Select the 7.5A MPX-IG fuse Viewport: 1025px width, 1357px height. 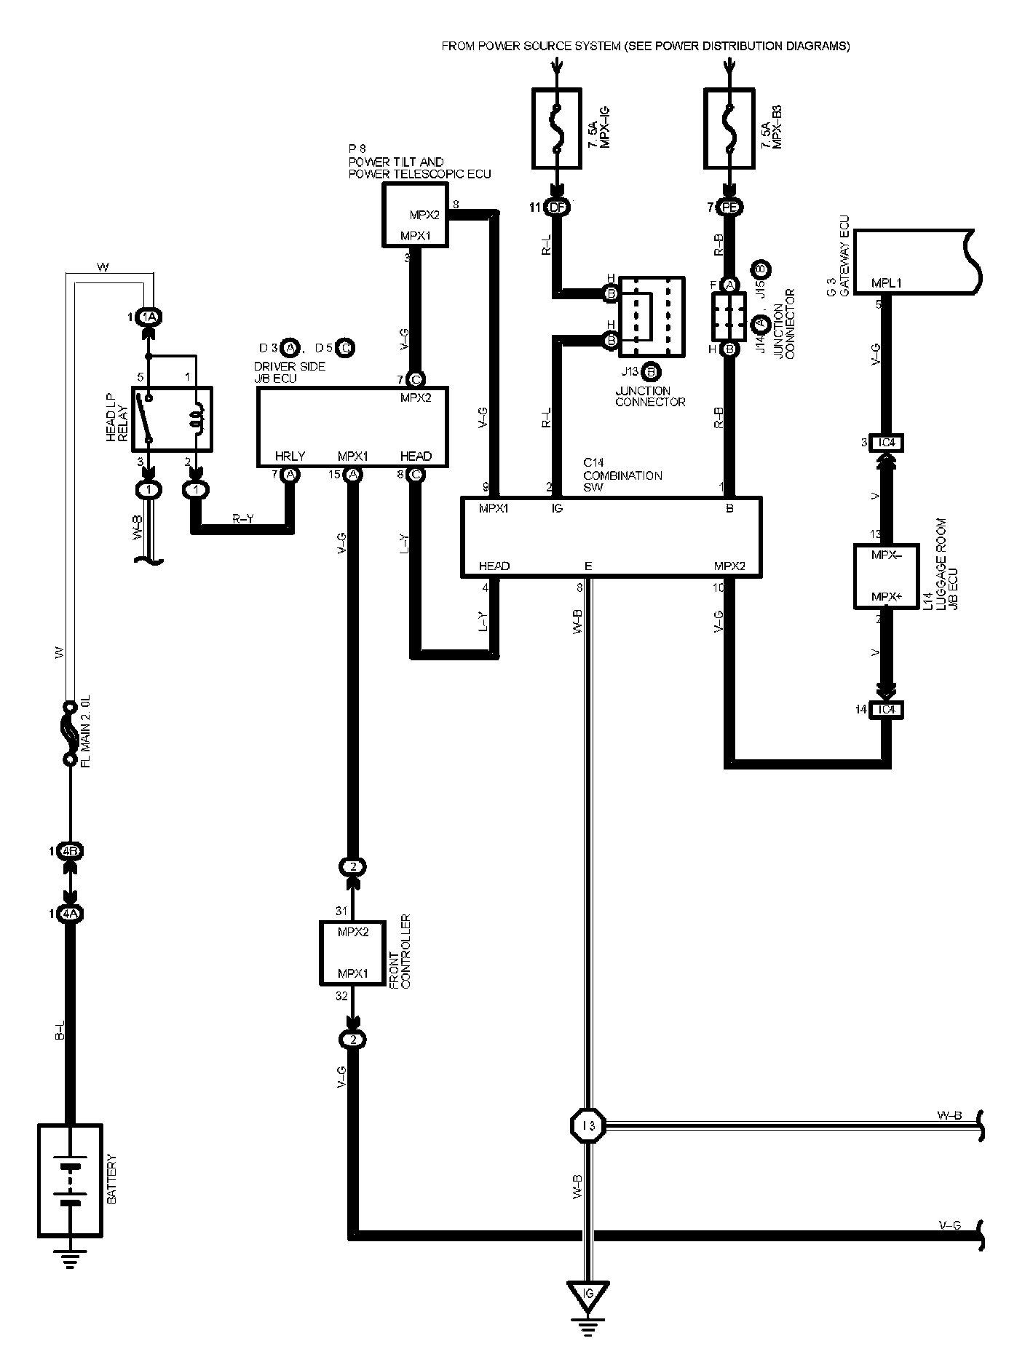click(557, 129)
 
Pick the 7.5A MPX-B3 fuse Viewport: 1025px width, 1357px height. click(729, 129)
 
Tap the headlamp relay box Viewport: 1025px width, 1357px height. click(173, 419)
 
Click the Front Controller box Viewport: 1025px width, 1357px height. click(352, 953)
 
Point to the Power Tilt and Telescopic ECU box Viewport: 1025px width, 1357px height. click(415, 215)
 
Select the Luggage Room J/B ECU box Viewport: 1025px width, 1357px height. click(886, 576)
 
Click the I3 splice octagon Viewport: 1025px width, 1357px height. click(587, 1125)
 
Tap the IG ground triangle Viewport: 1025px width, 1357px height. click(588, 1294)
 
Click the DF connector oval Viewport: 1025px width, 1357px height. click(557, 207)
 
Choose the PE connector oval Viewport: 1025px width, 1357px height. click(729, 207)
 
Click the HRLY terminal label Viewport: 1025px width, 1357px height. click(290, 456)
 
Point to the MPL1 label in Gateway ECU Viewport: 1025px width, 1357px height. click(886, 283)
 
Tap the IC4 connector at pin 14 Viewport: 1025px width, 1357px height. click(886, 709)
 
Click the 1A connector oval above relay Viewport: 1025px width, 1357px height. click(149, 317)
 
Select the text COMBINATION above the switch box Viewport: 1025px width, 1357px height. click(622, 475)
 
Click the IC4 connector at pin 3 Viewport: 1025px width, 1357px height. click(886, 443)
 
